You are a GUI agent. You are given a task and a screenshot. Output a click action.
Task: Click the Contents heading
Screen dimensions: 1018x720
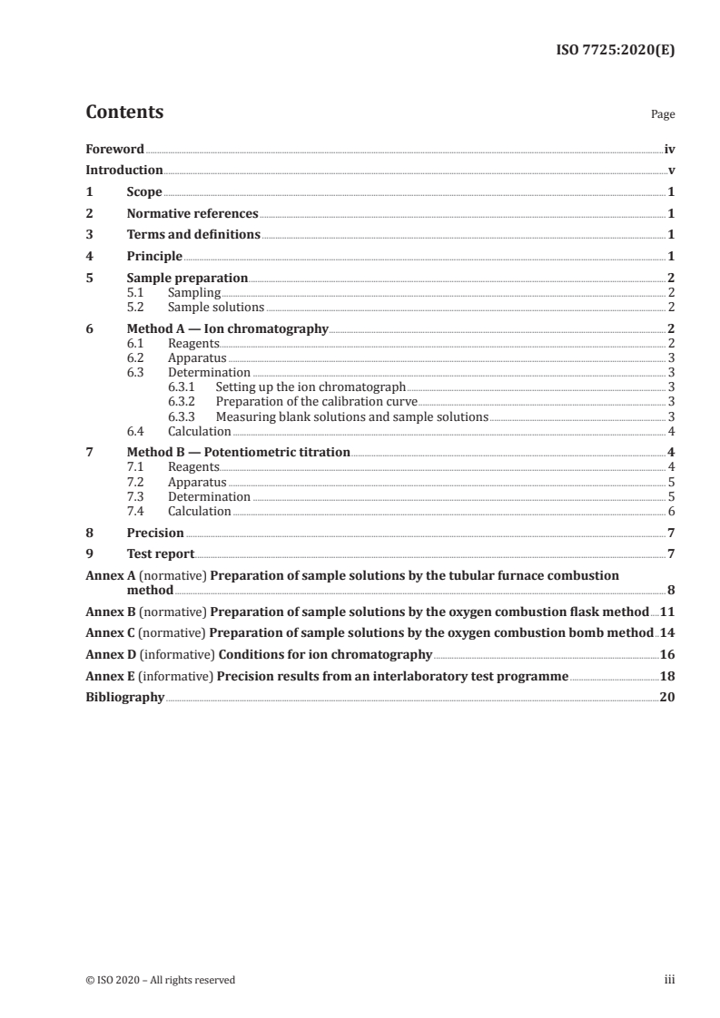click(x=124, y=113)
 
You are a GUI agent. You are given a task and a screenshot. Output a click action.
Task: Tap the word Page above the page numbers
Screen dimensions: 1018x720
click(x=663, y=115)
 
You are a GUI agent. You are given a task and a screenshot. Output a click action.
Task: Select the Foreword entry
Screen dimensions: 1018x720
click(x=114, y=149)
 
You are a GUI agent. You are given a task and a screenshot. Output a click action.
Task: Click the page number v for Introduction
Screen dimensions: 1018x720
click(x=671, y=171)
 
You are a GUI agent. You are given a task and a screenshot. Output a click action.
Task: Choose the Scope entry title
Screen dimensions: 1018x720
click(x=144, y=192)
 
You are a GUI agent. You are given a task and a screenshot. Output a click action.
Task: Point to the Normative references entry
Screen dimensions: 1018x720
click(x=192, y=214)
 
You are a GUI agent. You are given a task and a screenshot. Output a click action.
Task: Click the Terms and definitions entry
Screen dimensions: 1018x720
click(x=193, y=235)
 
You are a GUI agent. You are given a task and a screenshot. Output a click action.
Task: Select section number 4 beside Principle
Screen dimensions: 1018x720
click(x=89, y=257)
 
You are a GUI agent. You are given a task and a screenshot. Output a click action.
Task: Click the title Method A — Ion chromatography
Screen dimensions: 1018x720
click(x=227, y=329)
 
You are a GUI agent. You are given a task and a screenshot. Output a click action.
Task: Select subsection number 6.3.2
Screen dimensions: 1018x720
click(x=184, y=401)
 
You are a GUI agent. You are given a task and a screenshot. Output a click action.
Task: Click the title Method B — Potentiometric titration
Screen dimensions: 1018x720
click(x=238, y=452)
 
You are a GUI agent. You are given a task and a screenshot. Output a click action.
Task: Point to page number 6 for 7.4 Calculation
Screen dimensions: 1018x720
click(x=671, y=512)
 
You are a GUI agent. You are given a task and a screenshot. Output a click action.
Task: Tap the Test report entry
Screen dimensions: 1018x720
click(x=160, y=554)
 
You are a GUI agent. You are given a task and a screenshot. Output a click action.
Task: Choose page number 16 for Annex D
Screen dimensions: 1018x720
click(x=666, y=654)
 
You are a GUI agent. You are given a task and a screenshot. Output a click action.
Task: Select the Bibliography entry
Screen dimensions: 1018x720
click(x=124, y=698)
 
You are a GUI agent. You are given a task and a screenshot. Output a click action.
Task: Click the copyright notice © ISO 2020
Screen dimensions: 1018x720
click(x=160, y=980)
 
